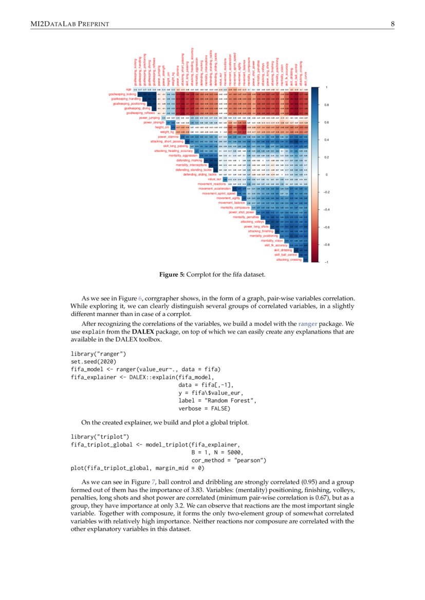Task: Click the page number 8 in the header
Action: pos(392,24)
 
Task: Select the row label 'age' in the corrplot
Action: pos(128,89)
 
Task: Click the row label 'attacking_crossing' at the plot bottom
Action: pos(289,260)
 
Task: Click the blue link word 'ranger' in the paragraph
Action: pos(307,324)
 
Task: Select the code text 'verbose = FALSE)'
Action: pos(205,409)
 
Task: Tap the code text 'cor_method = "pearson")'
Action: pos(229,460)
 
